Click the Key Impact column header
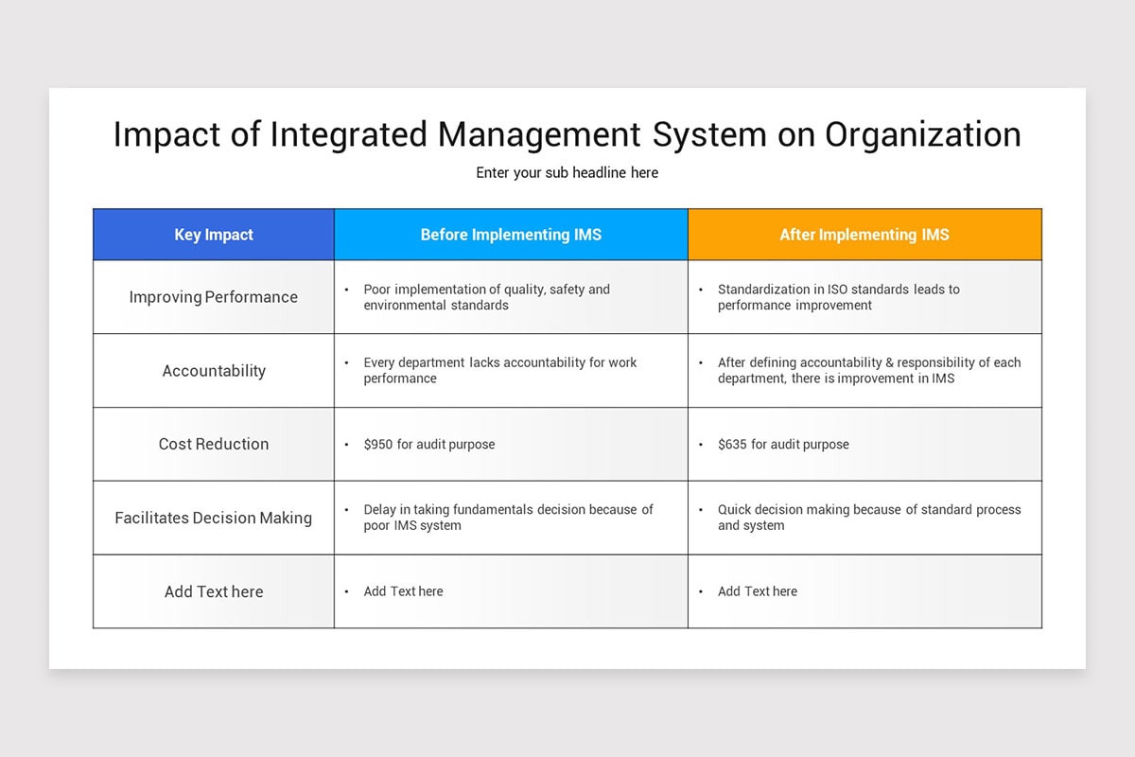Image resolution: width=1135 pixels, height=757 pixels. (214, 235)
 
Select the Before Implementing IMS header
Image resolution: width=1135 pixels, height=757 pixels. (511, 235)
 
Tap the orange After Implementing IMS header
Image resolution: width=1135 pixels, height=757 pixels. (864, 235)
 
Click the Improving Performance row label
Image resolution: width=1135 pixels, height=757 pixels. (214, 297)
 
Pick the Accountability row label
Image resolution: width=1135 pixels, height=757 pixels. (214, 371)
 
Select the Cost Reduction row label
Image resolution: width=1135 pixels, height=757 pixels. (214, 444)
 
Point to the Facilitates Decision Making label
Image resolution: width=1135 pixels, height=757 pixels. (214, 518)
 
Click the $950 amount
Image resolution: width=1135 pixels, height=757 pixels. (378, 444)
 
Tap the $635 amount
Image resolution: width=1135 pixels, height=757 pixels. (732, 444)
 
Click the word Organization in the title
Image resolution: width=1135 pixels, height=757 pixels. (923, 134)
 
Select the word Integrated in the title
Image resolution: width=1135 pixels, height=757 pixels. (349, 134)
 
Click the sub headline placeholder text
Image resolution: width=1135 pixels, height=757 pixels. (567, 173)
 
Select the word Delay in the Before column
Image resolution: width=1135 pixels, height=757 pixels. (380, 509)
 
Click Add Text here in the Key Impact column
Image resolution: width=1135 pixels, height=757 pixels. (214, 591)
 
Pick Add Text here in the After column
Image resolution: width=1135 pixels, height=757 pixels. (757, 591)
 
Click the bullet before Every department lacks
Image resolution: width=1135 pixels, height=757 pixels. (347, 363)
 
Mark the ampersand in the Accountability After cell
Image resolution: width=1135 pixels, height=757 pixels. (873, 362)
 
